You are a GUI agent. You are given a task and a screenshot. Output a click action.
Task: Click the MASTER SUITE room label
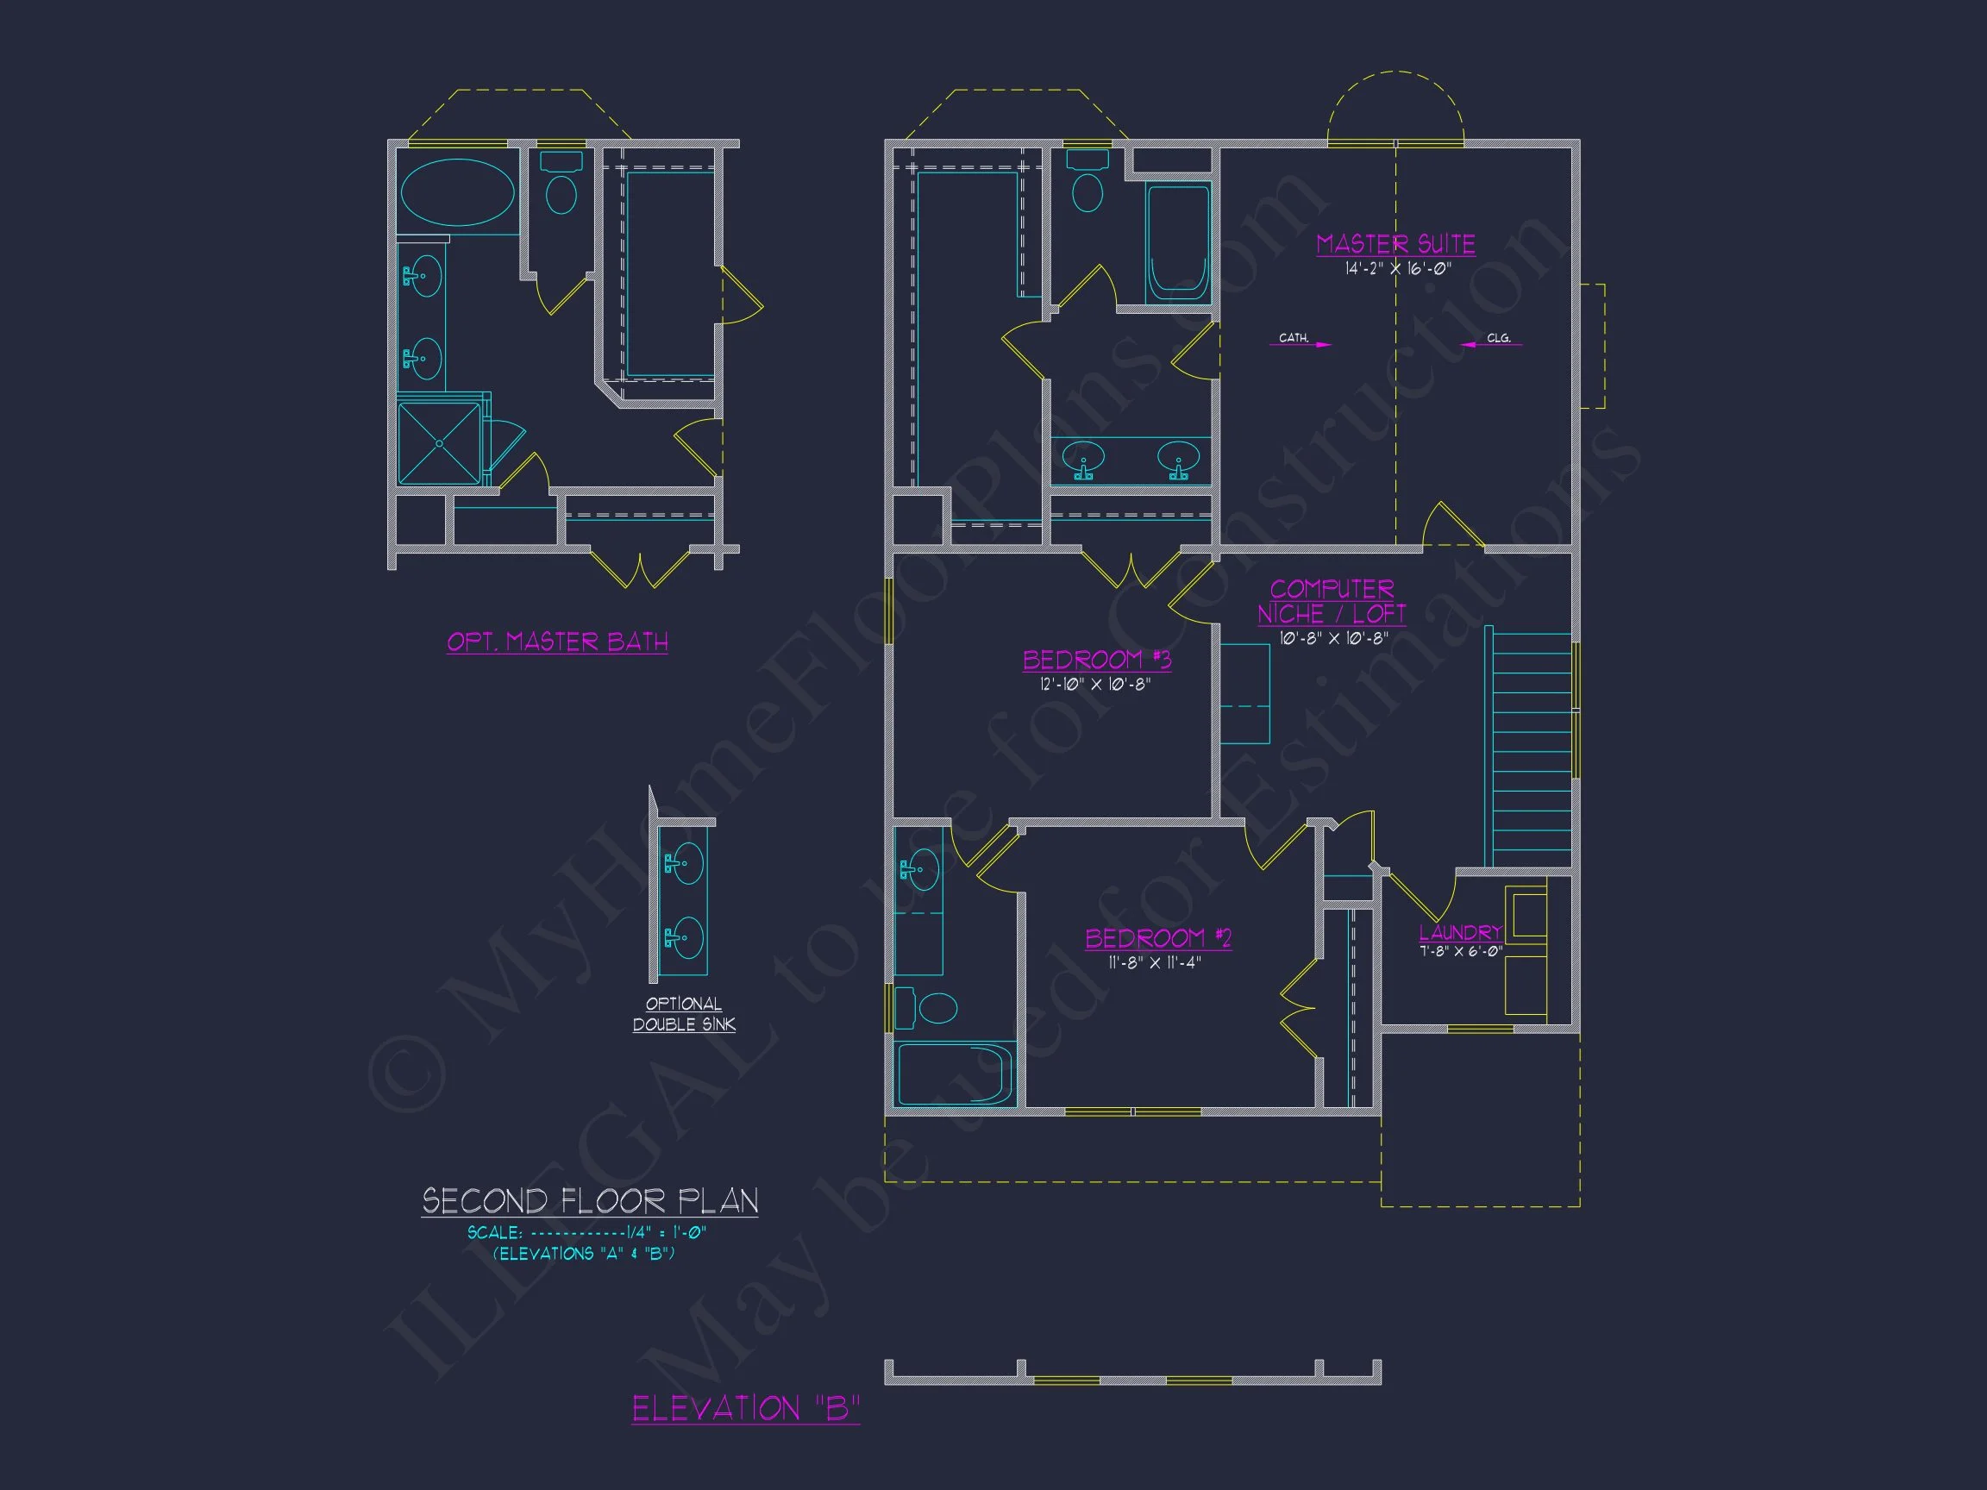pyautogui.click(x=1395, y=244)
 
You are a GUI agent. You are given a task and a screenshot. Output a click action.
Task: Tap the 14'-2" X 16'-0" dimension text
pyautogui.click(x=1398, y=268)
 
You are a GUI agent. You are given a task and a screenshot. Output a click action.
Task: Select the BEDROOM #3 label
pyautogui.click(x=1097, y=660)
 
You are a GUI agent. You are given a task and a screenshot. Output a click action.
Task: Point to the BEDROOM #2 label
pyautogui.click(x=1158, y=938)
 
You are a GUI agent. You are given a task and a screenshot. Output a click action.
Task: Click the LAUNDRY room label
pyautogui.click(x=1461, y=932)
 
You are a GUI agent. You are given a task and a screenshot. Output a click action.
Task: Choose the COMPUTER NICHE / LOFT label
pyautogui.click(x=1332, y=602)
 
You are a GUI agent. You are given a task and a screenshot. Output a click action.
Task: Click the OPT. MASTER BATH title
pyautogui.click(x=557, y=642)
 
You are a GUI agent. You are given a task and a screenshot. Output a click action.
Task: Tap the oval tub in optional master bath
pyautogui.click(x=457, y=192)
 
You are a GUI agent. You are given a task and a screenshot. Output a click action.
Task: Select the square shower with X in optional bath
pyautogui.click(x=439, y=444)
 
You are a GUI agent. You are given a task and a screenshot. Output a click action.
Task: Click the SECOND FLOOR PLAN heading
pyautogui.click(x=590, y=1202)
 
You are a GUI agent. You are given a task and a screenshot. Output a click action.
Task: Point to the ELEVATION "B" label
pyautogui.click(x=746, y=1408)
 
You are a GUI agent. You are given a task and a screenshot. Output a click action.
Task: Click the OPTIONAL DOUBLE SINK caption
pyautogui.click(x=684, y=1015)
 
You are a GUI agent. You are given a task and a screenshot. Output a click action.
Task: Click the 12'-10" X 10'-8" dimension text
pyautogui.click(x=1095, y=685)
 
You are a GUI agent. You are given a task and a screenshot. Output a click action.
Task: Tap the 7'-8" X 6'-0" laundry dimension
pyautogui.click(x=1461, y=952)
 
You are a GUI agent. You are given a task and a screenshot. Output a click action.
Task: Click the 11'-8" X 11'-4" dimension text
pyautogui.click(x=1154, y=963)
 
